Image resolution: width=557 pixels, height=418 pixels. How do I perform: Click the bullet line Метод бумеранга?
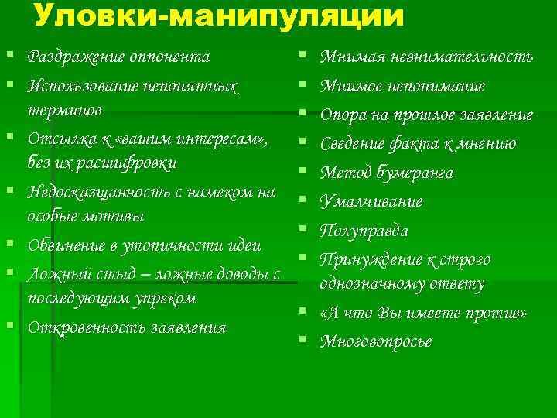click(x=387, y=173)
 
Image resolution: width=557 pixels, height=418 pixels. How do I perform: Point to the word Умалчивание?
click(x=372, y=202)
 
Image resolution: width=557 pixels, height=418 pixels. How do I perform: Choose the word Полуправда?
click(x=365, y=231)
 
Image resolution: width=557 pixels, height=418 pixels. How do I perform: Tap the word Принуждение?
click(x=374, y=259)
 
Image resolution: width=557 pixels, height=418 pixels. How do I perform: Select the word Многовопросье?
click(x=377, y=341)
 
